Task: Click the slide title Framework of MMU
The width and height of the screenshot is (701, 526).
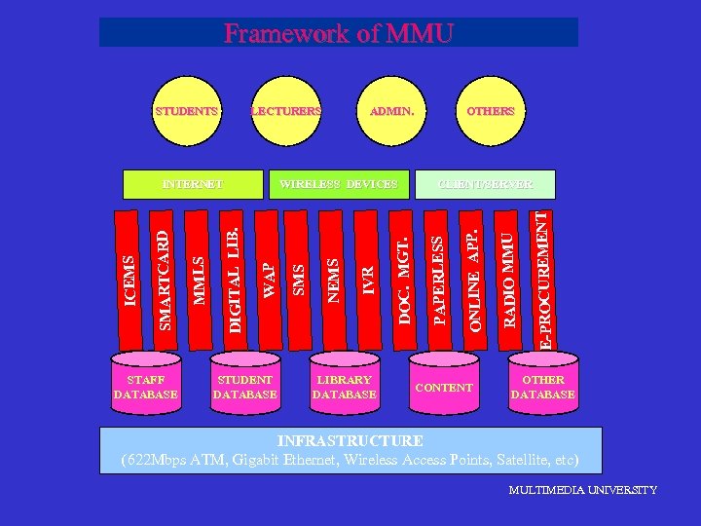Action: point(339,33)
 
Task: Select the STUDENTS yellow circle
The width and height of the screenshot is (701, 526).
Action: point(187,111)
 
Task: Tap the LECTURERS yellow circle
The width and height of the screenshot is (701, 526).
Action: point(286,111)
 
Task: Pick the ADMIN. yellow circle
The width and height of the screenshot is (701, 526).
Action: point(391,111)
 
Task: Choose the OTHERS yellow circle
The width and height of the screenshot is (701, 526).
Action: point(490,111)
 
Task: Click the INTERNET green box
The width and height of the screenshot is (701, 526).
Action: point(193,183)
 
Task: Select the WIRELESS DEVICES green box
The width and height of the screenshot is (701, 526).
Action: point(339,183)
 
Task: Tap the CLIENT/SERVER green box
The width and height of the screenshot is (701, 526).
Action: point(485,183)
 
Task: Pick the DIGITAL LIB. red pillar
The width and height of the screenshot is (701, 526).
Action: point(234,279)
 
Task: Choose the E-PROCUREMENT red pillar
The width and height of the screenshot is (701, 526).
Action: point(545,279)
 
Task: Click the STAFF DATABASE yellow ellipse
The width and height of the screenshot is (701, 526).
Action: point(146,387)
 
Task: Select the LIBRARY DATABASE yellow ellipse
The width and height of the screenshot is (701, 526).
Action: point(344,387)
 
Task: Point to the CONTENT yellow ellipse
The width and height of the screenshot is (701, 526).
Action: point(444,387)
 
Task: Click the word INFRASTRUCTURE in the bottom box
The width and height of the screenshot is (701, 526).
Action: point(350,441)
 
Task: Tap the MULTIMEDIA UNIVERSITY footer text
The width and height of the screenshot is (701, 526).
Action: point(582,490)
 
